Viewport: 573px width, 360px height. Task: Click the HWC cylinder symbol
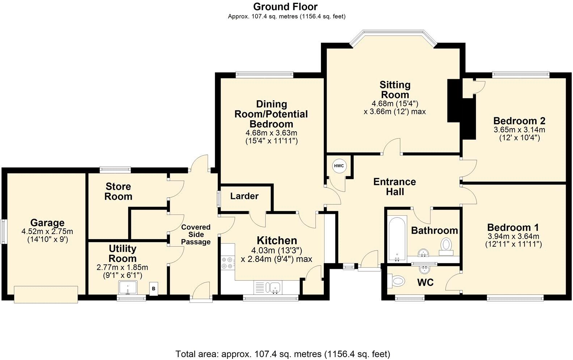pyautogui.click(x=339, y=166)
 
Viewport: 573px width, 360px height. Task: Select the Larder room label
pyautogui.click(x=245, y=196)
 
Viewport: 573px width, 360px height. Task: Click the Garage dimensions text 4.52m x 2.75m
pyautogui.click(x=47, y=232)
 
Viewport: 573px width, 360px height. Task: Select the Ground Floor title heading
pyautogui.click(x=285, y=7)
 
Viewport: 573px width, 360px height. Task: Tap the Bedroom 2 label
pyautogui.click(x=519, y=121)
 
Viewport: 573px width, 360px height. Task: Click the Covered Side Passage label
pyautogui.click(x=196, y=234)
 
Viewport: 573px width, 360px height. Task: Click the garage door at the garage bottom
pyautogui.click(x=46, y=294)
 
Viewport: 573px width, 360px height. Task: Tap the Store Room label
pyautogui.click(x=118, y=192)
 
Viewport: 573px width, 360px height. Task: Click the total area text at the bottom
pyautogui.click(x=283, y=353)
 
